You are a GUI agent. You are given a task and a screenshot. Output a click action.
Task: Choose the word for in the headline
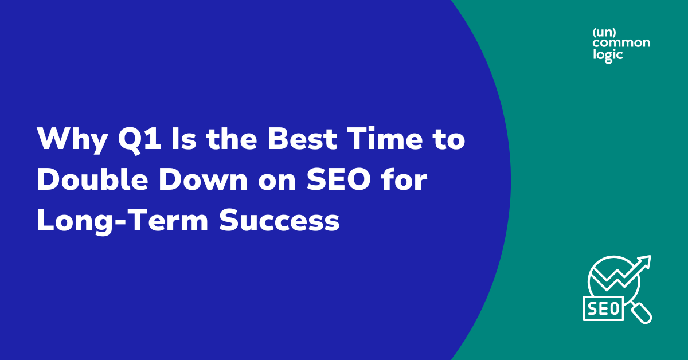click(404, 181)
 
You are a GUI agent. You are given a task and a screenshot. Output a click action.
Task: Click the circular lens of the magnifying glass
click(611, 279)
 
